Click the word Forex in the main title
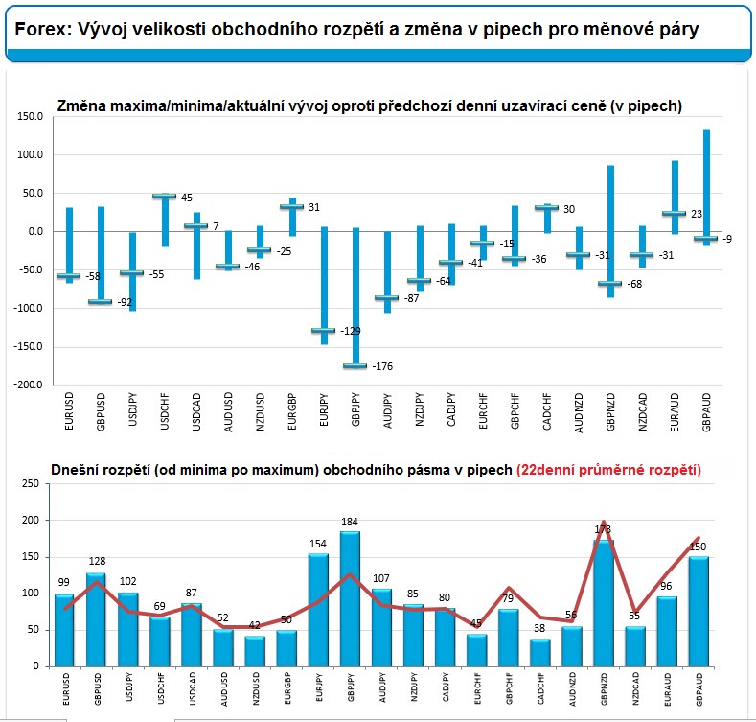click(38, 30)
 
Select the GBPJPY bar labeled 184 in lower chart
click(351, 599)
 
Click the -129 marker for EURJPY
click(324, 330)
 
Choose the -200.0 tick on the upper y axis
click(28, 384)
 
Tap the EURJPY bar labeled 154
click(319, 610)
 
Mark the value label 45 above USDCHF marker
click(187, 198)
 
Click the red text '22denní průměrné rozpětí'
click(608, 470)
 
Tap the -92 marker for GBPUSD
click(101, 301)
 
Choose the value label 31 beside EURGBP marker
click(313, 207)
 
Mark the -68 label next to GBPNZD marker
click(633, 284)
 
